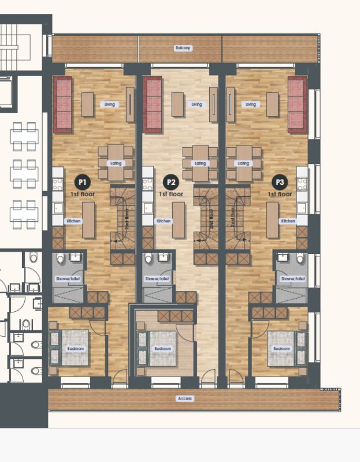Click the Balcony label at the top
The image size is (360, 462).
(x=183, y=49)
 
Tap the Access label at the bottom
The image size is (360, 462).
(x=185, y=398)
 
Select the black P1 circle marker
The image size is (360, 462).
(x=83, y=182)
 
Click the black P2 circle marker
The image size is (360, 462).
(x=170, y=182)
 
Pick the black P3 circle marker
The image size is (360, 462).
(x=280, y=182)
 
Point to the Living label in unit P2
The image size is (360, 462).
(x=197, y=105)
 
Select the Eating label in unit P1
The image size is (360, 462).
(x=116, y=163)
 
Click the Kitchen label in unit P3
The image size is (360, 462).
(x=288, y=221)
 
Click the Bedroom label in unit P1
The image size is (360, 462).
(x=75, y=349)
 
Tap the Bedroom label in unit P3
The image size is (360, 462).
(x=281, y=349)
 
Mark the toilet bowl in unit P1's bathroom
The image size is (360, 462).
(x=61, y=259)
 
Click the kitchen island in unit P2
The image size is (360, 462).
(x=179, y=220)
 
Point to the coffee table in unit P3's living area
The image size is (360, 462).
(x=272, y=105)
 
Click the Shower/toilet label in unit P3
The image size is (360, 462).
(x=291, y=279)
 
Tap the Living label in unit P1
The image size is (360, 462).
(x=109, y=105)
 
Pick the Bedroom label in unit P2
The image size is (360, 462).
(x=162, y=349)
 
